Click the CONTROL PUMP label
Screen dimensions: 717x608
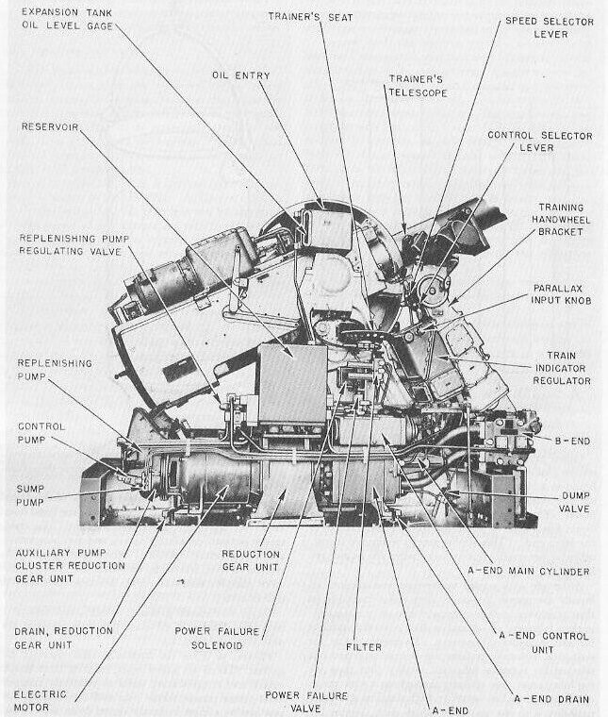click(42, 433)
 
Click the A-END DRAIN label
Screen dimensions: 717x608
click(551, 699)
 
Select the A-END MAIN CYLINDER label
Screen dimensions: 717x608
click(542, 571)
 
